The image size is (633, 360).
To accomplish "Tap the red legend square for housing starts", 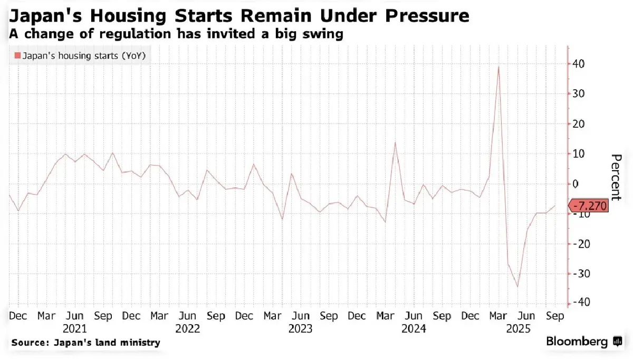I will click(17, 56).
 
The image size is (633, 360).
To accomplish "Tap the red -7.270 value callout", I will click(588, 206).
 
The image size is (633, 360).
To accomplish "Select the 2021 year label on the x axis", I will click(74, 328).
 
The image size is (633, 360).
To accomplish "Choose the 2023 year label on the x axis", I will click(300, 328).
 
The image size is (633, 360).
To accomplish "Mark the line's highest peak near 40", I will click(498, 67).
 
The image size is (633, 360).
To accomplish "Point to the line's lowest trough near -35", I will click(517, 287).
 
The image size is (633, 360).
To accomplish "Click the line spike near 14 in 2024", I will click(395, 143).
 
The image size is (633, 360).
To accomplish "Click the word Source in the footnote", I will click(29, 343).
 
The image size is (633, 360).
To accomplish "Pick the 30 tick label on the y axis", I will click(579, 94).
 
